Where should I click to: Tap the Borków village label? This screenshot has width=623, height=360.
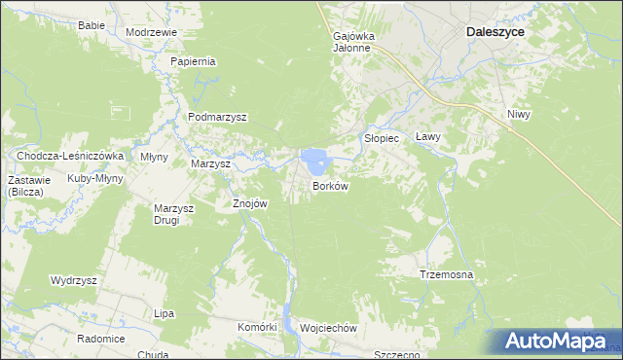click(x=330, y=185)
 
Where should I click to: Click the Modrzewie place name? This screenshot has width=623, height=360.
click(x=151, y=32)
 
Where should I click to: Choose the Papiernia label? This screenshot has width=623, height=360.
click(x=193, y=61)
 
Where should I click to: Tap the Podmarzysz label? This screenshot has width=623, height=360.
click(x=217, y=117)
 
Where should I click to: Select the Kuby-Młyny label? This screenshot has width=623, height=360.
click(x=93, y=179)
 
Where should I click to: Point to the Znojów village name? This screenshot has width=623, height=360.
click(x=249, y=204)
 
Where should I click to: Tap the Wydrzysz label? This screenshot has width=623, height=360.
click(x=74, y=280)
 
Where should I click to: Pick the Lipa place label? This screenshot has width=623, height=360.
click(x=164, y=313)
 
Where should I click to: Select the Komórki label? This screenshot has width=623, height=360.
click(x=258, y=327)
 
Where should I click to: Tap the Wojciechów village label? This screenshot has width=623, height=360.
click(x=329, y=328)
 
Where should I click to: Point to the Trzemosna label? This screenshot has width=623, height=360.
click(x=446, y=275)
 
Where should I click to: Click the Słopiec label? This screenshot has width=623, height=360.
click(x=382, y=138)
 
